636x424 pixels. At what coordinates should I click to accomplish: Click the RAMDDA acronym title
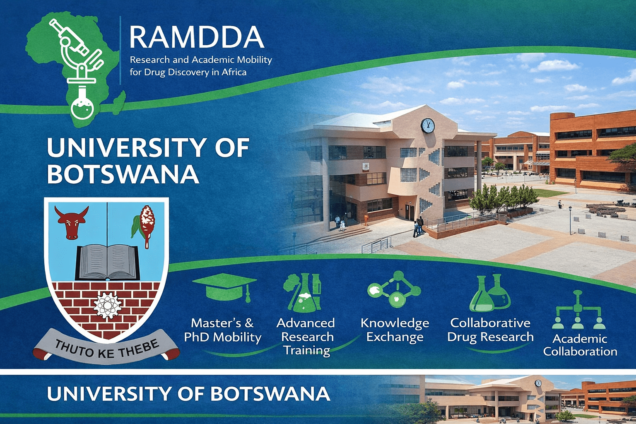click(x=197, y=37)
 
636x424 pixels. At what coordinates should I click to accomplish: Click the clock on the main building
click(x=428, y=125)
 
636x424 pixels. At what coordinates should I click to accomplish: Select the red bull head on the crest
click(x=72, y=222)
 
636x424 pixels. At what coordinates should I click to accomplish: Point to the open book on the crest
click(x=107, y=262)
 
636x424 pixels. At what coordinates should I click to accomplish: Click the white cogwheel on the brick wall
click(x=107, y=306)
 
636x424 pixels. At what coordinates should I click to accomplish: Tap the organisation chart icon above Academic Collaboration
click(x=578, y=310)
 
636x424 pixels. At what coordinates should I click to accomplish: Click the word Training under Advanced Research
click(x=307, y=351)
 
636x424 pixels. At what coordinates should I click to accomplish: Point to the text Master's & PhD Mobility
click(x=223, y=330)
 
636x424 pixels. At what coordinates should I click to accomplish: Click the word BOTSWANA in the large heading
click(x=123, y=174)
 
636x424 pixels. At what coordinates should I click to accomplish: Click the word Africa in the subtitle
click(x=234, y=72)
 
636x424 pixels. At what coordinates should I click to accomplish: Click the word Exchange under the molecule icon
click(x=395, y=337)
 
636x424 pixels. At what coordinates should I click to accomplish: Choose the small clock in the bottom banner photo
click(x=538, y=383)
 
